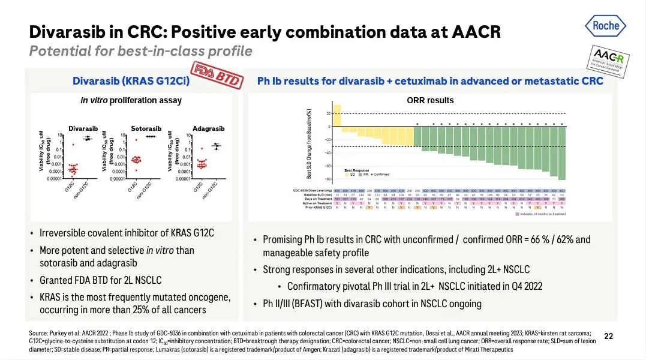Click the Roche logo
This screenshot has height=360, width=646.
(x=605, y=26)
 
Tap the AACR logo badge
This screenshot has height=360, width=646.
(x=608, y=59)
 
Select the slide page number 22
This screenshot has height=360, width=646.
(x=608, y=337)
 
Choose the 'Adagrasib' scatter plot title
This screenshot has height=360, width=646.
(x=209, y=128)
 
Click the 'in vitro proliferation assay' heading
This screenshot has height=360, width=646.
(x=131, y=100)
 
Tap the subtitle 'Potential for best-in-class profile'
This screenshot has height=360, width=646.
(x=140, y=51)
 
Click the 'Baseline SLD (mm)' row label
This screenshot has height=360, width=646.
(x=318, y=195)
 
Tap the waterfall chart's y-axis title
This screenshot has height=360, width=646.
(x=309, y=144)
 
